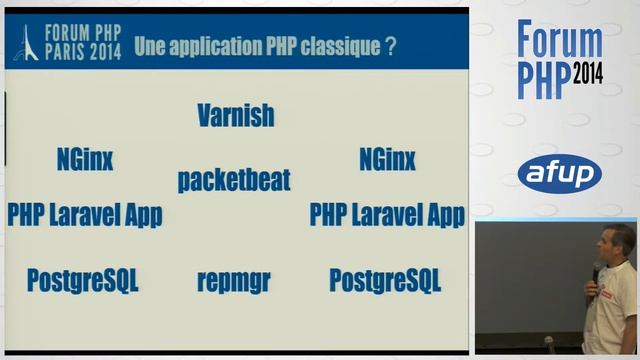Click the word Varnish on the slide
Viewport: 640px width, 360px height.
(x=236, y=114)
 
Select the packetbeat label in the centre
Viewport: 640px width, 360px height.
(x=234, y=180)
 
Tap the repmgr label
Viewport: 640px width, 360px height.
(x=234, y=281)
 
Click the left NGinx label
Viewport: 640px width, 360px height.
(x=85, y=159)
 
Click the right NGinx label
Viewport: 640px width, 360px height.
(x=387, y=159)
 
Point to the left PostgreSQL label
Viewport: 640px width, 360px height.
(x=83, y=280)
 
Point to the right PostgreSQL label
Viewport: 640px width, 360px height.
(x=385, y=280)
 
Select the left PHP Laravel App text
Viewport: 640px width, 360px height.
(x=85, y=214)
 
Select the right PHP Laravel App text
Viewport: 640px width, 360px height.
(x=387, y=214)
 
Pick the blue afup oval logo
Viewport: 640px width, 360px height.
(x=559, y=173)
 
